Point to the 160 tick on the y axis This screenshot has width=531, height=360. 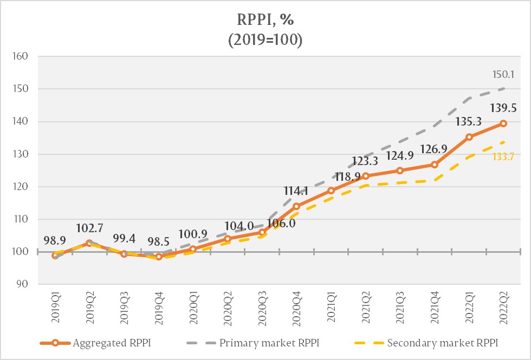29,56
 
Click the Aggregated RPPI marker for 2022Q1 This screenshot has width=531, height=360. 469,137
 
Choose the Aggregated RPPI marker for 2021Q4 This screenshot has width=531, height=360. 435,165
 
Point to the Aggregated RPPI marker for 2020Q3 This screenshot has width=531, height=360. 262,232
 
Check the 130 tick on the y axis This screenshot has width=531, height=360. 29,154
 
